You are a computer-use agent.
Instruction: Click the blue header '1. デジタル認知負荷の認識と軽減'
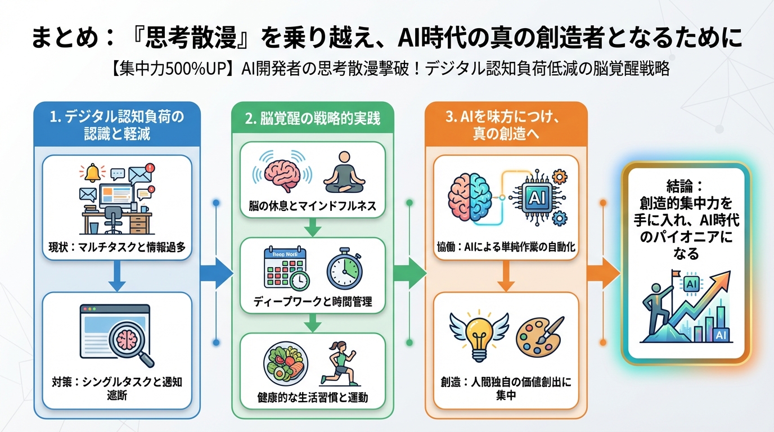coord(116,125)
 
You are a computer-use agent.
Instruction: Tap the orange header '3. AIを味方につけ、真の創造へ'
coord(506,125)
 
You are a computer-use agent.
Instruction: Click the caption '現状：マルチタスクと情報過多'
coord(117,246)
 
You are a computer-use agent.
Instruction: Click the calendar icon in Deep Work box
coord(286,270)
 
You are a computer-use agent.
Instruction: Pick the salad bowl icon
coord(285,365)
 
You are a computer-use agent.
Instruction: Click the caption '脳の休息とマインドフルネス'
coord(313,206)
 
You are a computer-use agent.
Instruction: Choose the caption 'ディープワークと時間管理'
coord(313,301)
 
